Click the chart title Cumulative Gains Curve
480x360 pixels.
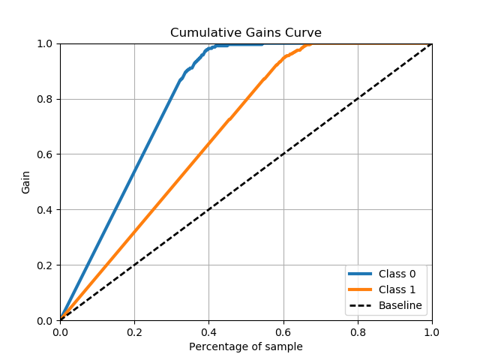(x=246, y=33)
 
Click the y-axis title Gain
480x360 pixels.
(x=26, y=182)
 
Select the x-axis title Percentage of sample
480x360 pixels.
(x=246, y=346)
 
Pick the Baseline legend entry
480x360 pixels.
(x=400, y=305)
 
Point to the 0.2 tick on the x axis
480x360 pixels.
(x=134, y=331)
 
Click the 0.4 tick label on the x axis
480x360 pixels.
(x=208, y=331)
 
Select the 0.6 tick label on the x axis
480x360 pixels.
(x=283, y=331)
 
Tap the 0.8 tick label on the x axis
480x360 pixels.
(x=358, y=331)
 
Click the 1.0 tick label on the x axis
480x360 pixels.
(x=432, y=331)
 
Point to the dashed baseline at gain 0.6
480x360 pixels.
(x=283, y=154)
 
